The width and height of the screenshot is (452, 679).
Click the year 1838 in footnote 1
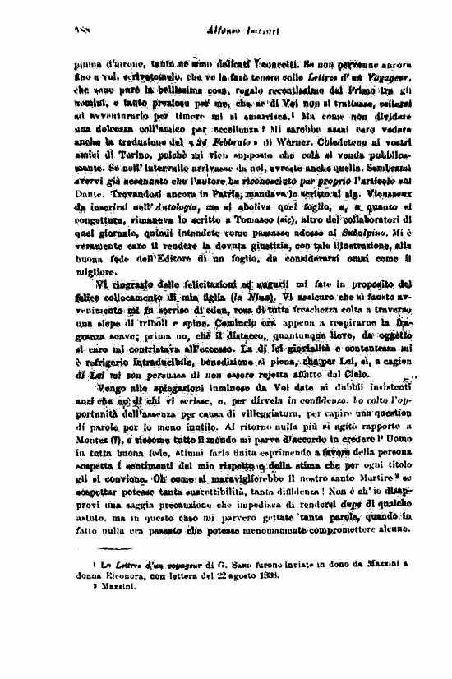click(265, 575)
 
